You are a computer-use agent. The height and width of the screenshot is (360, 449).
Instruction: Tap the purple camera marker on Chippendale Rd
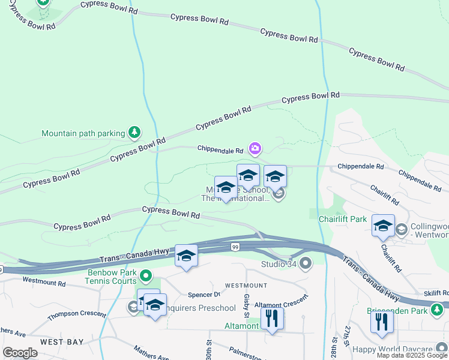(255, 148)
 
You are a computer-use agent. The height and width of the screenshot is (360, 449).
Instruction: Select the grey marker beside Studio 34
(306, 263)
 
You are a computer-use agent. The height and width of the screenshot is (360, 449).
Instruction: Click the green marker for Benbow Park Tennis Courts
(145, 276)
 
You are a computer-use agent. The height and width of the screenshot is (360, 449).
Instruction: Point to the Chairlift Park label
(342, 219)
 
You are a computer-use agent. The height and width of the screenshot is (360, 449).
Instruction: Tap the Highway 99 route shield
(234, 247)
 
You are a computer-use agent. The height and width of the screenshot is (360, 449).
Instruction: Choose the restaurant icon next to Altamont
(273, 319)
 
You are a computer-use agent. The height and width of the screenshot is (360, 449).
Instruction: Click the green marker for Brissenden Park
(438, 310)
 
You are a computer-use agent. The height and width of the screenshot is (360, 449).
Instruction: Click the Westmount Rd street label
(44, 280)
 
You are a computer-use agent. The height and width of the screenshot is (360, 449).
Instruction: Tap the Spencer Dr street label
(204, 295)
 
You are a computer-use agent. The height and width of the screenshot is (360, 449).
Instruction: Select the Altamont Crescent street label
(280, 305)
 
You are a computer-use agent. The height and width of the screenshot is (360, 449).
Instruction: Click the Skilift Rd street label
(435, 292)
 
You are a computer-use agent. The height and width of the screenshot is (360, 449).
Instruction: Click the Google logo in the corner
(20, 353)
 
